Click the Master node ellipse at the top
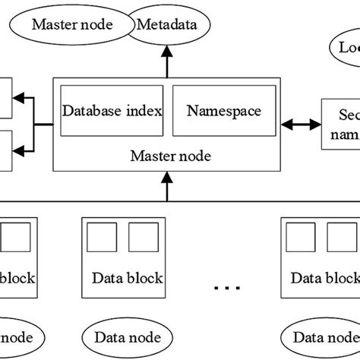[73, 24]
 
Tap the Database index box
[112, 111]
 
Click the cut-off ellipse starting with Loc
[345, 48]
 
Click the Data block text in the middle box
[127, 278]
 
